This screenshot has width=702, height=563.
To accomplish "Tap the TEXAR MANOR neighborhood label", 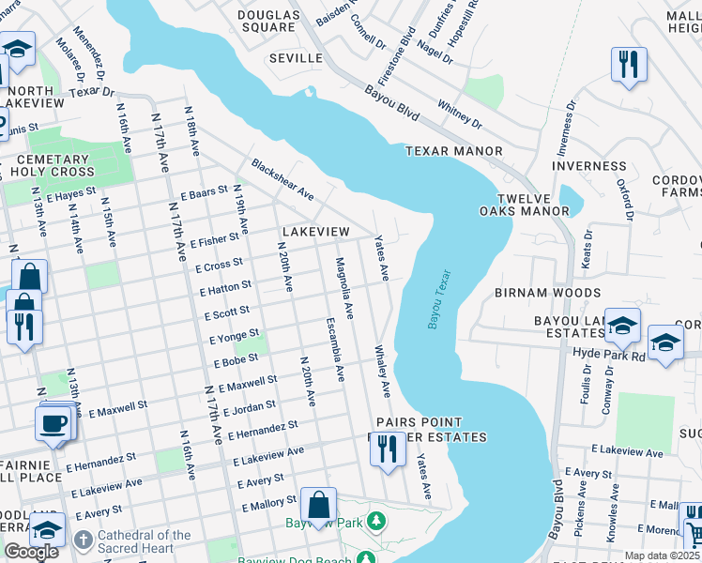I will (453, 151).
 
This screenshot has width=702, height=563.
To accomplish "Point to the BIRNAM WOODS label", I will (548, 293).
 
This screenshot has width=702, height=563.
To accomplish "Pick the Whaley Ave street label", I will (383, 372).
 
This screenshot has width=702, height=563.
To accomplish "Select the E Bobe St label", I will (237, 360).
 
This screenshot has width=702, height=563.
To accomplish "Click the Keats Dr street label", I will (587, 249).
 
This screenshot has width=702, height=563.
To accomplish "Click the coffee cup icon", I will (53, 422).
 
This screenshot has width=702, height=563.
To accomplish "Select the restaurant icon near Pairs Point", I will (387, 449).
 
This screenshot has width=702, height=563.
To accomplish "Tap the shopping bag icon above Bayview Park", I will (318, 504).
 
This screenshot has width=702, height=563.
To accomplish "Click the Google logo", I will (31, 552).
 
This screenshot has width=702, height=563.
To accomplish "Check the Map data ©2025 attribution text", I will (662, 555).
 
